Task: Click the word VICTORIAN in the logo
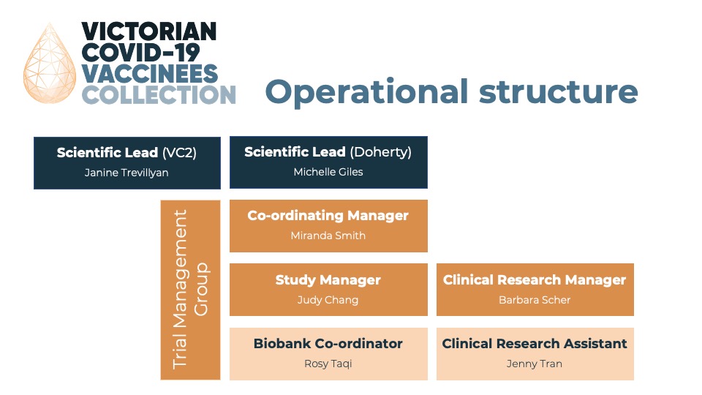click(149, 31)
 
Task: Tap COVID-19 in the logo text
click(140, 53)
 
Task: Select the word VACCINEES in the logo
click(149, 73)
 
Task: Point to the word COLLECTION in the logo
click(159, 94)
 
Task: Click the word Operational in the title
click(366, 93)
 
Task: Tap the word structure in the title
click(558, 92)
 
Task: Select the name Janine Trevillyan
click(127, 173)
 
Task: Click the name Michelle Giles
click(328, 172)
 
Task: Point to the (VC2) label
click(180, 153)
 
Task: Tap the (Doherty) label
click(380, 152)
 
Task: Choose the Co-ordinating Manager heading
click(328, 215)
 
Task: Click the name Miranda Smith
click(328, 236)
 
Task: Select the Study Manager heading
click(328, 280)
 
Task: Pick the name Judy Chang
click(328, 300)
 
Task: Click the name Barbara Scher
click(535, 300)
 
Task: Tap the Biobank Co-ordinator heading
click(328, 344)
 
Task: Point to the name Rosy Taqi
click(328, 364)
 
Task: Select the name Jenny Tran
click(535, 364)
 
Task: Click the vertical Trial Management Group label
click(190, 290)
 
